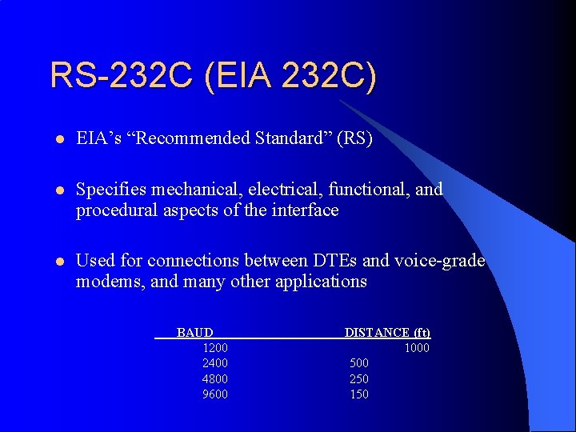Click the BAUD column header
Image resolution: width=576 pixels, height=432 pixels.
tap(194, 332)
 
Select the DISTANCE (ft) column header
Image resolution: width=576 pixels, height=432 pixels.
tap(387, 332)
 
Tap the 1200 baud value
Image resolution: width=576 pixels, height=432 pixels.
tap(215, 348)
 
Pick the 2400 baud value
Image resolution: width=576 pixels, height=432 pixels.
tap(215, 363)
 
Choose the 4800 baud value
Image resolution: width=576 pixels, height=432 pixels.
tap(215, 379)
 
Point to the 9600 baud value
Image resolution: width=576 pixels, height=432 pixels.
tap(215, 394)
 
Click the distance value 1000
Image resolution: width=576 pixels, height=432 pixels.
tap(417, 348)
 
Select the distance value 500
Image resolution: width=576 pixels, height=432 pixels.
tap(359, 363)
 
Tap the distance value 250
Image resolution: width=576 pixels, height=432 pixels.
tap(359, 379)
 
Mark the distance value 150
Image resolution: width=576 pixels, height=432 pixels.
tap(359, 394)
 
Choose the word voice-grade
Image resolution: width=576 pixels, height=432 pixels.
tap(445, 261)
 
